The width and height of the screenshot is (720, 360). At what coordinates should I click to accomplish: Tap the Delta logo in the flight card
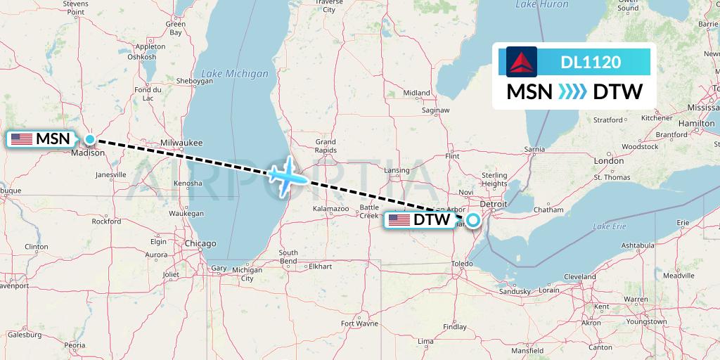(x=521, y=62)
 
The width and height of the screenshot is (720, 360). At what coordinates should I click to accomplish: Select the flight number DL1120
(x=591, y=62)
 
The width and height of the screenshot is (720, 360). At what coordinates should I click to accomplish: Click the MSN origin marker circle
(x=90, y=139)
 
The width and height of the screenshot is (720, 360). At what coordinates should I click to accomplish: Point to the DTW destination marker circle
(x=472, y=220)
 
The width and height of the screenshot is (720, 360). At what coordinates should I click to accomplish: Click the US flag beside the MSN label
(x=22, y=139)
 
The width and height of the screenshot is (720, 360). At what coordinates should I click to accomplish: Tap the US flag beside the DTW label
(x=399, y=221)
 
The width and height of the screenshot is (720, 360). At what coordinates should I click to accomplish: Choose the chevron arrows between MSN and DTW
(x=572, y=92)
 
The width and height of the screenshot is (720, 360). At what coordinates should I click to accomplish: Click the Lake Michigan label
(x=235, y=73)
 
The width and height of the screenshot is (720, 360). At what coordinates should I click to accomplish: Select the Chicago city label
(x=200, y=243)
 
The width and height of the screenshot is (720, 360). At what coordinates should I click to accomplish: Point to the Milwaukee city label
(x=181, y=143)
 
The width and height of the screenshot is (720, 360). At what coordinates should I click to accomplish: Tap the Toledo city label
(x=462, y=263)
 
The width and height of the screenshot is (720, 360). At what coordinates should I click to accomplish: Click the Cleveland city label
(x=579, y=276)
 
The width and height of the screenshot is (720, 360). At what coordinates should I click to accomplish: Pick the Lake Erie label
(x=609, y=226)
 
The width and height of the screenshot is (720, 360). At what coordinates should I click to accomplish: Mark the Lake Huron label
(x=541, y=5)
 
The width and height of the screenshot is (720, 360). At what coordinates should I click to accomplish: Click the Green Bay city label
(x=175, y=28)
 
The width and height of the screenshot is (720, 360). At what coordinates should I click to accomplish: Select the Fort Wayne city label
(x=359, y=323)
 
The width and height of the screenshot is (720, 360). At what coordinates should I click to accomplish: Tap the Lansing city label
(x=397, y=170)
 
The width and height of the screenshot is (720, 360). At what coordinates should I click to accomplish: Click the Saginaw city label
(x=435, y=110)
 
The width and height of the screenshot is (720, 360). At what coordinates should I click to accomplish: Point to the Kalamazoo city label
(x=331, y=209)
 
